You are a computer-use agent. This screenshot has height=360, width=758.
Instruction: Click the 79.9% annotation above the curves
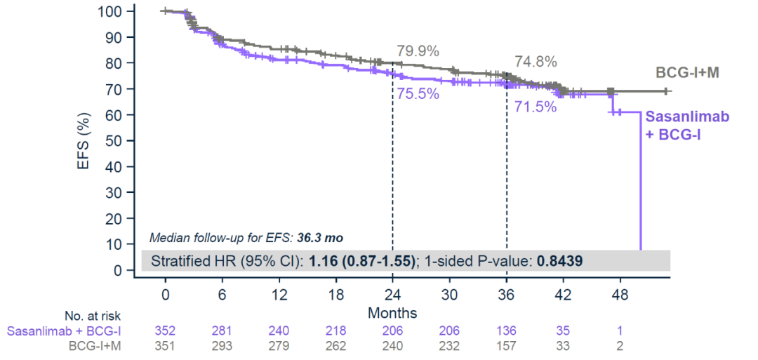(x=418, y=51)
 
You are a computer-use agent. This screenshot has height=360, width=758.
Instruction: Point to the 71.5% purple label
(x=536, y=107)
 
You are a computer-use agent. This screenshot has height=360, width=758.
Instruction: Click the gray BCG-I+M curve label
(x=687, y=72)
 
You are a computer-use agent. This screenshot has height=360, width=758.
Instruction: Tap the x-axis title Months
(x=393, y=312)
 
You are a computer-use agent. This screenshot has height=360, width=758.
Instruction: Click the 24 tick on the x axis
(x=392, y=294)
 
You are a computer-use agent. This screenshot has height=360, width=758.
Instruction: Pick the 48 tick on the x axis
(x=620, y=294)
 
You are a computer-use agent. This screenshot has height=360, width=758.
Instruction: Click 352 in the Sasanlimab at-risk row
(x=165, y=330)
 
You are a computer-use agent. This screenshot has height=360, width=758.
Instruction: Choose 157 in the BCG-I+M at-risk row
(x=506, y=345)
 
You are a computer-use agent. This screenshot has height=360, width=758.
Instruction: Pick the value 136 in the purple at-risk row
(x=506, y=330)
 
